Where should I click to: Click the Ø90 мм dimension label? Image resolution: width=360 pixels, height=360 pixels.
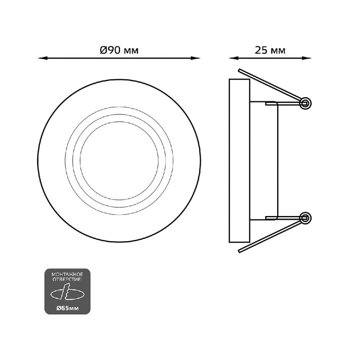[x=119, y=50]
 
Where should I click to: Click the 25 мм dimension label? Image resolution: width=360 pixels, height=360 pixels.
[x=270, y=50]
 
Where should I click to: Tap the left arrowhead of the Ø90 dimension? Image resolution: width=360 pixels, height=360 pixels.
[x=42, y=58]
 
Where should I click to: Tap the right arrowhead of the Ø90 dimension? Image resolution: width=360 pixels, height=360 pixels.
[x=196, y=58]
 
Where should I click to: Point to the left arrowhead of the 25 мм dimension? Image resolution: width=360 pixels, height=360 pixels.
[x=233, y=58]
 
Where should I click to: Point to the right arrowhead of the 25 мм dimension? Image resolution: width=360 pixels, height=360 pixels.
[x=307, y=58]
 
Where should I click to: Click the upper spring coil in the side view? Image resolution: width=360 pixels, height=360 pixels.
[x=305, y=103]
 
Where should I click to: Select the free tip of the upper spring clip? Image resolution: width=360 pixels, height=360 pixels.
[x=239, y=70]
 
